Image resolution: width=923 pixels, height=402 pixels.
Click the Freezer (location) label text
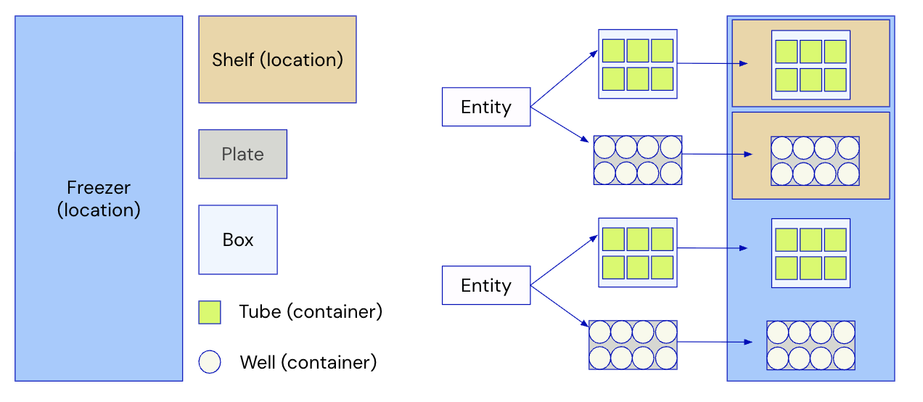(99, 199)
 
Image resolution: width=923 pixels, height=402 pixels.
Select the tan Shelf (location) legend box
(277, 60)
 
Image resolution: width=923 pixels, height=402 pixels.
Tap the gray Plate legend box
(242, 154)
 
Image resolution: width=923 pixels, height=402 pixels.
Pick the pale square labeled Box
(238, 239)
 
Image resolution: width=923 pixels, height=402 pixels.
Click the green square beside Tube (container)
(210, 313)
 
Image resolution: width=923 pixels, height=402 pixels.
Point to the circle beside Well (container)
(210, 362)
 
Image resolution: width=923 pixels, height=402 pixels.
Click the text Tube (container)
(311, 312)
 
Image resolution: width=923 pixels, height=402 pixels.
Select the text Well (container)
(308, 362)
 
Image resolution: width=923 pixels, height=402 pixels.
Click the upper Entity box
(486, 107)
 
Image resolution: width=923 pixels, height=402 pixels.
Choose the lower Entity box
(486, 286)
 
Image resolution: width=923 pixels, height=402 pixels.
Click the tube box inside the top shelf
(811, 65)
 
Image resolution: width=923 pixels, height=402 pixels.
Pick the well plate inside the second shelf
(815, 160)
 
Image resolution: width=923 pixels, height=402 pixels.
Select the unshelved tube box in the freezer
(811, 253)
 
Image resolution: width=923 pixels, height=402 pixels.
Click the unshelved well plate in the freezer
(811, 345)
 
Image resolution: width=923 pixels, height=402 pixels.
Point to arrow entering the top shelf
(711, 64)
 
